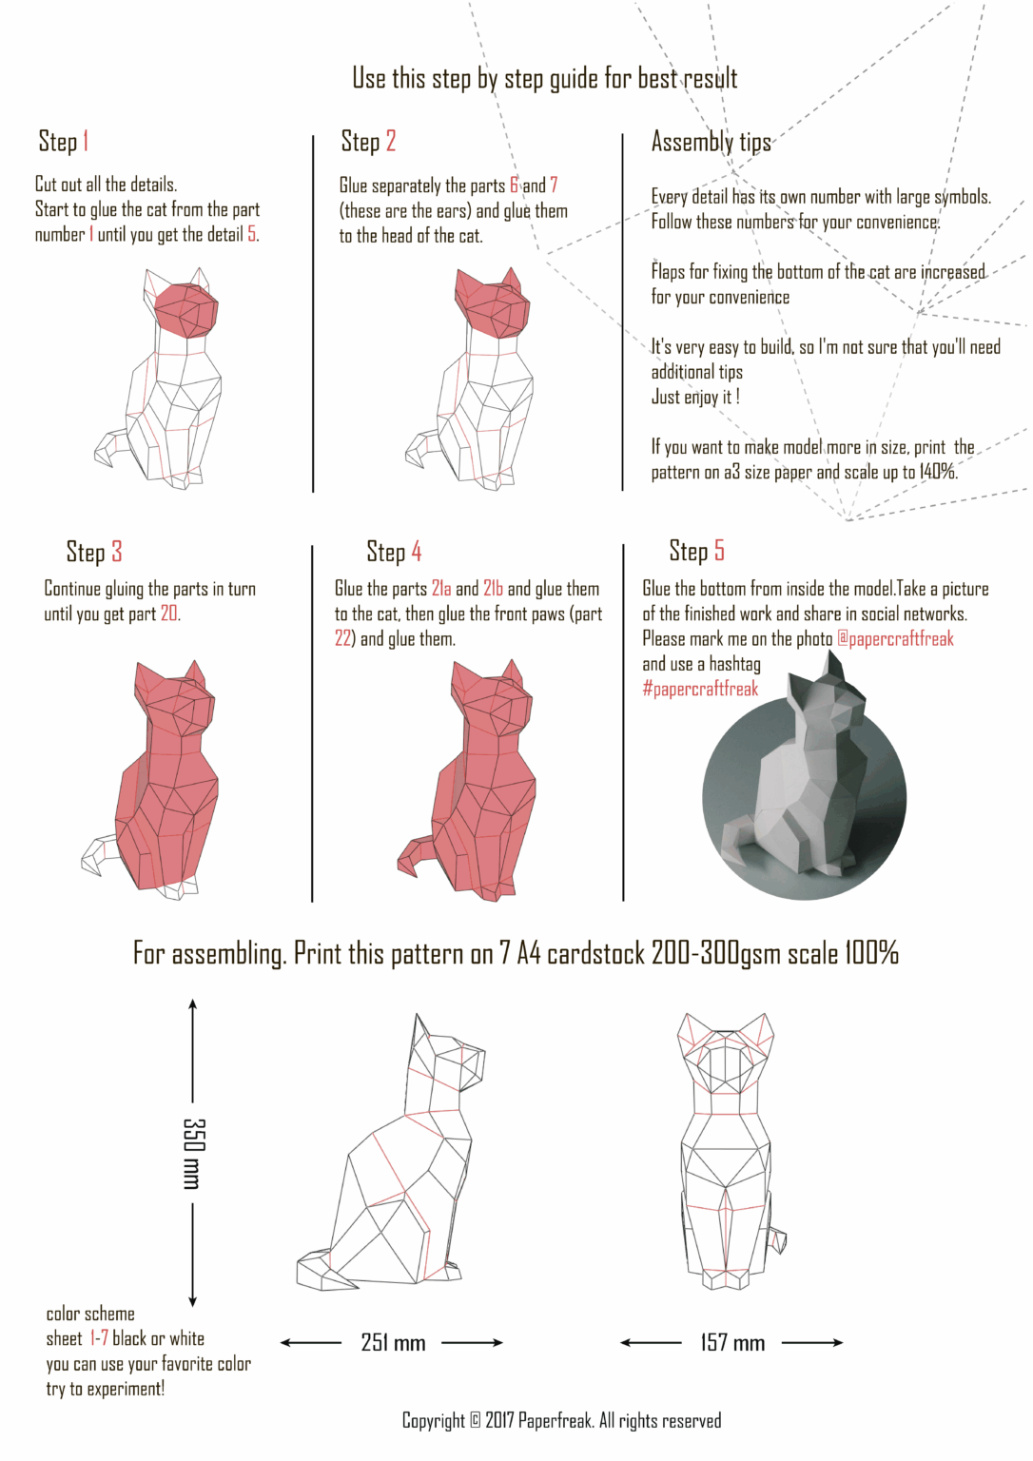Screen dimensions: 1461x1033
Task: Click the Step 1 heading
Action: [64, 142]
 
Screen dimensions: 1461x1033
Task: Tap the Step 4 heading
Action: [394, 552]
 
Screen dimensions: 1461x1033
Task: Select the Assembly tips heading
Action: [711, 143]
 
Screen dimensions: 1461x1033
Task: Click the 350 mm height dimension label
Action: [193, 1153]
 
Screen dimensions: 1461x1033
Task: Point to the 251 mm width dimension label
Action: [393, 1343]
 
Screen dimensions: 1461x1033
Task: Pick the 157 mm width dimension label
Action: [732, 1343]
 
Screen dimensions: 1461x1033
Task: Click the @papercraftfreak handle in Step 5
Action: [895, 639]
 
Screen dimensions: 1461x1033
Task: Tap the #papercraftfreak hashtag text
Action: [700, 689]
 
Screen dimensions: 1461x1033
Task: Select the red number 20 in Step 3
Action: [169, 614]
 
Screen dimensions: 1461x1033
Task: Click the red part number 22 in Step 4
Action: [343, 639]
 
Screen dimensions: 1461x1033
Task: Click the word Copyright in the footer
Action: [434, 1421]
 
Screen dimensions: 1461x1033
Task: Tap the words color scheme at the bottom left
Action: [90, 1315]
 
